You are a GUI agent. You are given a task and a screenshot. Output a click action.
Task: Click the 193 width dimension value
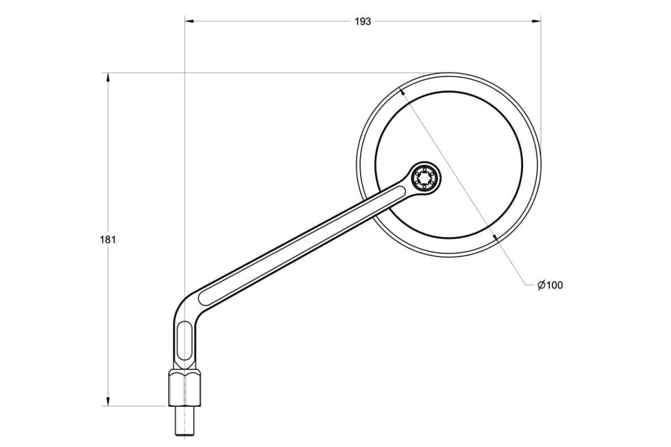(x=363, y=22)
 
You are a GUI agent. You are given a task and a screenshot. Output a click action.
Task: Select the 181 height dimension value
(x=107, y=240)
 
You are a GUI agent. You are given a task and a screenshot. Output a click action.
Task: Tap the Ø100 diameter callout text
(x=550, y=286)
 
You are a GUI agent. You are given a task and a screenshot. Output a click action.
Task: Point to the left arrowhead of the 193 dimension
(x=190, y=21)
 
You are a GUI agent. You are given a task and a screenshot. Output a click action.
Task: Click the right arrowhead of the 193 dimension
(x=536, y=21)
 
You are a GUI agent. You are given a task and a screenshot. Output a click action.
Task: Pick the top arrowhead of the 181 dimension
(x=108, y=78)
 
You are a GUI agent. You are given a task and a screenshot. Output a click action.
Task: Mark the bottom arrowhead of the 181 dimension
(x=108, y=402)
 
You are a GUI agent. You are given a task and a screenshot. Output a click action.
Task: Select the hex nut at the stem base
(x=185, y=388)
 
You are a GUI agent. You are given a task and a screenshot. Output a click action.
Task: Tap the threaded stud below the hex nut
(x=185, y=421)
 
